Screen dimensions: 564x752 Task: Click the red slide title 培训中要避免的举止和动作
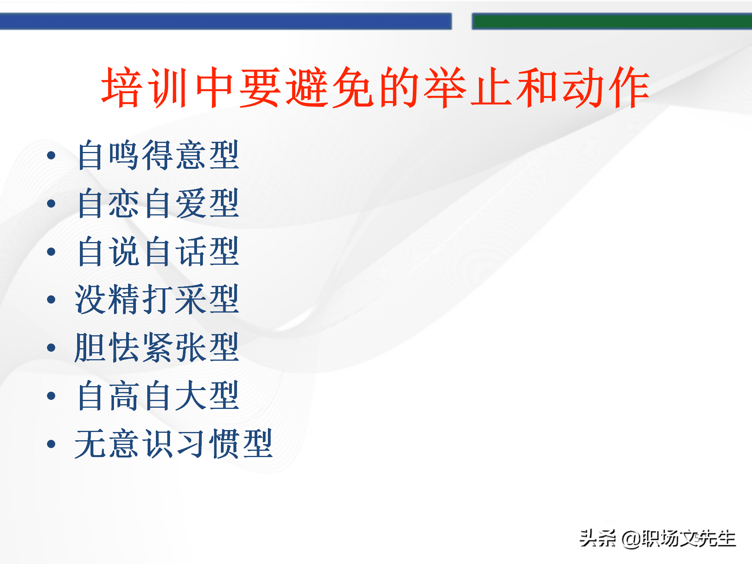(x=375, y=87)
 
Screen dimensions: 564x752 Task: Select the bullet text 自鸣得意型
(x=158, y=155)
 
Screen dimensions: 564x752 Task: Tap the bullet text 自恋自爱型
(x=158, y=203)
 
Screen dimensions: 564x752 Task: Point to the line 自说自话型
(x=158, y=251)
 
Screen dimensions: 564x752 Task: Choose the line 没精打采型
(x=157, y=300)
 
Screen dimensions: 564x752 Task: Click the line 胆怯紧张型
(x=157, y=348)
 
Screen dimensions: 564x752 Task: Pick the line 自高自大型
(x=158, y=396)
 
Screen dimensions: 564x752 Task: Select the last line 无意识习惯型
(x=174, y=444)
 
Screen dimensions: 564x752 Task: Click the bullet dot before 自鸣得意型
(x=51, y=155)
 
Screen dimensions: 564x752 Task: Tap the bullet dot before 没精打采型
(x=51, y=300)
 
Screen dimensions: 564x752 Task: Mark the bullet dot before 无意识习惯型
(x=51, y=444)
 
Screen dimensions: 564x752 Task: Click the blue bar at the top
(x=226, y=21)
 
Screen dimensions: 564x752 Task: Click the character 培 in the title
(x=122, y=87)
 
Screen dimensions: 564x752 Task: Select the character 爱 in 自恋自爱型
(x=191, y=203)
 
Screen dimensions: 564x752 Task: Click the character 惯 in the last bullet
(x=224, y=444)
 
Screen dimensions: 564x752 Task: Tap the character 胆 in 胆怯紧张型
(x=91, y=348)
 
